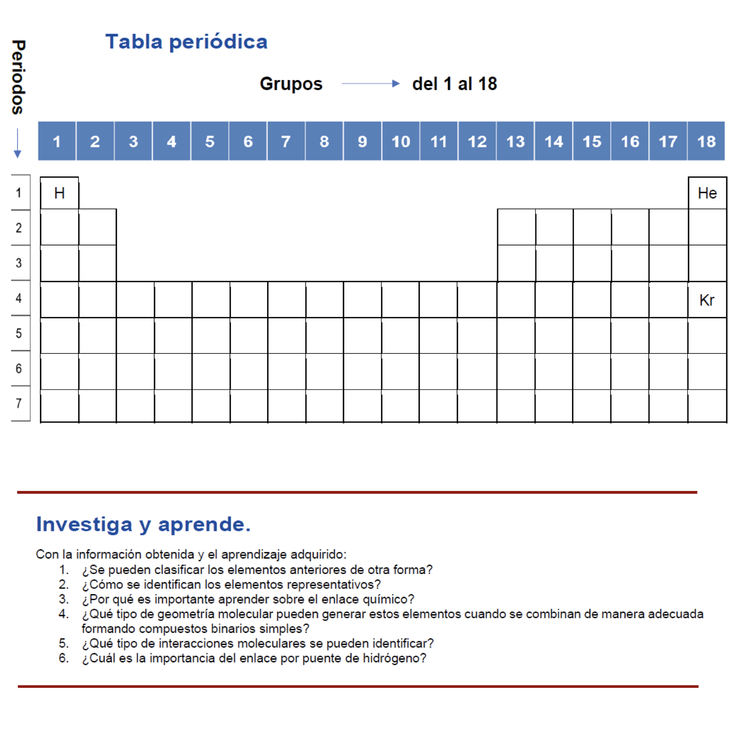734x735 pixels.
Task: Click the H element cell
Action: tap(59, 193)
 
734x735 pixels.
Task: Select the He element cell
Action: tap(707, 193)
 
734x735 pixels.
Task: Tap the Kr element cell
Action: tap(707, 300)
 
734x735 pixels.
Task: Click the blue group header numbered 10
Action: tap(400, 141)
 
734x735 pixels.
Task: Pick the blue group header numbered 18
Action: tap(706, 141)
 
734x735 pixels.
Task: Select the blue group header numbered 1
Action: tap(57, 141)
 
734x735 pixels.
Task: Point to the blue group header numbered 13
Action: tap(515, 141)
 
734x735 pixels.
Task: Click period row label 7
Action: tap(19, 403)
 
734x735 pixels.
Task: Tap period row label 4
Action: tap(19, 298)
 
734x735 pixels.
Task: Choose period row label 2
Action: tap(19, 228)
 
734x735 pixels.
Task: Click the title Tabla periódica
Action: tap(186, 42)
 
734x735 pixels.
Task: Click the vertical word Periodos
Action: tap(18, 77)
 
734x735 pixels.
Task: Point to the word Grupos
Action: tap(291, 84)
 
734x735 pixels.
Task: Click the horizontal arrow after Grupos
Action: tap(370, 84)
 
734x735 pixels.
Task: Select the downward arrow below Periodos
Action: tap(18, 143)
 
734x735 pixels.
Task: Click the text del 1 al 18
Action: tap(454, 84)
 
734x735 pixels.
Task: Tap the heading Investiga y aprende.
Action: tap(143, 524)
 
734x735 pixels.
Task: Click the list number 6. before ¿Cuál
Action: tap(63, 658)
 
